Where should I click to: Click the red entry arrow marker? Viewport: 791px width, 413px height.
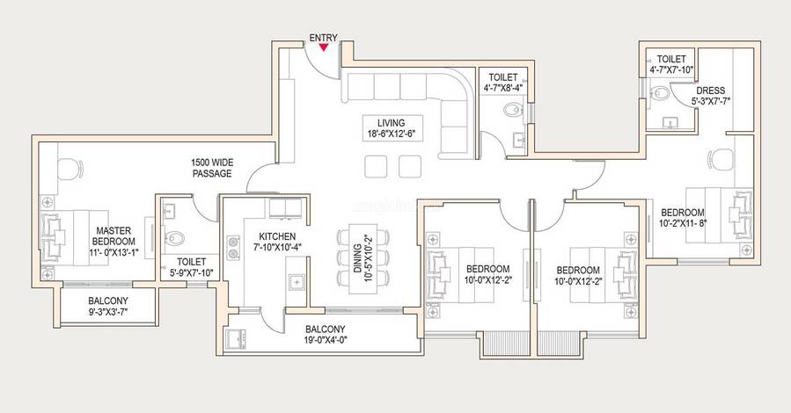tap(324, 47)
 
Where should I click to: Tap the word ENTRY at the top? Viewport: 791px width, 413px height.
tap(324, 38)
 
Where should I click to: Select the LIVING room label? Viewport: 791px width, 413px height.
tap(391, 123)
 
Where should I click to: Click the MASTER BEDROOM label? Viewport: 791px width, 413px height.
tap(114, 235)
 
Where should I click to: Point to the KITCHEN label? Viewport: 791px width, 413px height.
tap(277, 236)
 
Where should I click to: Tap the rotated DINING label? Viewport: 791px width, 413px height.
tap(357, 258)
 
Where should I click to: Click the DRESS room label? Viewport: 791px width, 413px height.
tap(711, 91)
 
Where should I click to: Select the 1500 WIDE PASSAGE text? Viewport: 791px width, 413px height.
tap(212, 168)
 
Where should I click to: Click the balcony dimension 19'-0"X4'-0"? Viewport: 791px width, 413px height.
tap(326, 339)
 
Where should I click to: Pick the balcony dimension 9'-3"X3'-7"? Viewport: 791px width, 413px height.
tap(108, 312)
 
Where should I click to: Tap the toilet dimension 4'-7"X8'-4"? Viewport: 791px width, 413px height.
tap(503, 87)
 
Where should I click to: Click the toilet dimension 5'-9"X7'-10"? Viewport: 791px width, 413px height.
tap(192, 273)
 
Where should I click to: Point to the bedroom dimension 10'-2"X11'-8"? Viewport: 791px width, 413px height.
tap(683, 222)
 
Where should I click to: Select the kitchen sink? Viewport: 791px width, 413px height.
tap(297, 283)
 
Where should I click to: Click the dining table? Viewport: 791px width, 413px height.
tap(363, 259)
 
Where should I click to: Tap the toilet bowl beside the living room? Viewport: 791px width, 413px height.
tap(512, 109)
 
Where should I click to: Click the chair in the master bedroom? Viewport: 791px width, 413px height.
tap(70, 169)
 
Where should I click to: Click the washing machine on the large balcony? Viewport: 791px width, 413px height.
tap(236, 338)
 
